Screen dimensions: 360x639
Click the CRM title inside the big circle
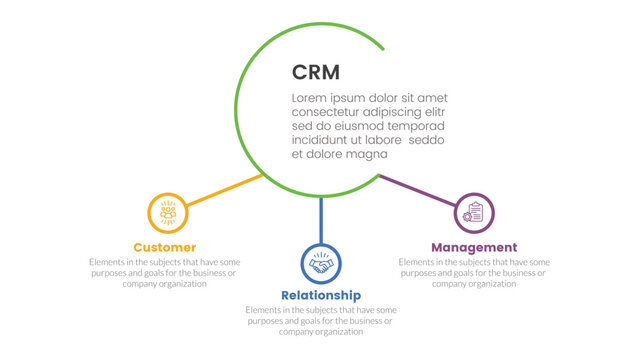315,72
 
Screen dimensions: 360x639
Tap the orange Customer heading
164,247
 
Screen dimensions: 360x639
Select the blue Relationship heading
320,295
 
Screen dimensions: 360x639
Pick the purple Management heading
473,247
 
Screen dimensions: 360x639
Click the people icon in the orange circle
168,213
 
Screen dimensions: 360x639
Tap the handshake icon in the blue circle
321,265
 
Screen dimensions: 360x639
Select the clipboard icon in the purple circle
474,213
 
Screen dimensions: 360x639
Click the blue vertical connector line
321,220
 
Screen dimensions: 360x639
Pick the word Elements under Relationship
264,310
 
